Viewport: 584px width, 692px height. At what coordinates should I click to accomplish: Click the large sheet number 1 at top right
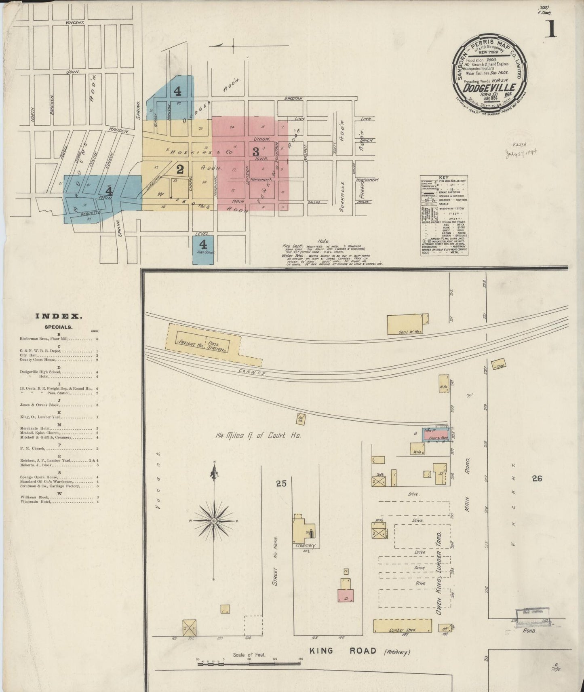550,30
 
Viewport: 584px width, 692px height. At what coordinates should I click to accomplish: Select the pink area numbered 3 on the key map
255,152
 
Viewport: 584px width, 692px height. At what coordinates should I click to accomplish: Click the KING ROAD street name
343,651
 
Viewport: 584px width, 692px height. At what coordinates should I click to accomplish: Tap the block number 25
281,483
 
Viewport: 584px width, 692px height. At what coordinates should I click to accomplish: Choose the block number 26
537,479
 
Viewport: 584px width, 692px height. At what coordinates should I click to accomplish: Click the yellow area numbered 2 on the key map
180,169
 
